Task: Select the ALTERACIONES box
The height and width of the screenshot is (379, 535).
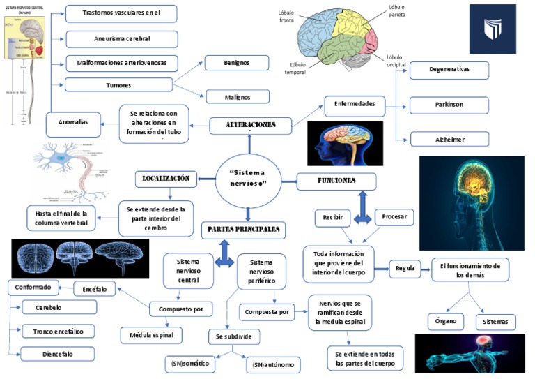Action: [x=250, y=126]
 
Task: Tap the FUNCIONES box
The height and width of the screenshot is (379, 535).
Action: [x=336, y=181]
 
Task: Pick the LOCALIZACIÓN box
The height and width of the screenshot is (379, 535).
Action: [x=165, y=179]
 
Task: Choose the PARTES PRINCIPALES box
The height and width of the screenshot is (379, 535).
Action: [x=244, y=229]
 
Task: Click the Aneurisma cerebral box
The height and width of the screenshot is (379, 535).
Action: [x=122, y=39]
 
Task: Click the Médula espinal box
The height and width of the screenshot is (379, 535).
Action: [x=151, y=336]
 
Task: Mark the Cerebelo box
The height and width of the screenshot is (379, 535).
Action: [x=59, y=307]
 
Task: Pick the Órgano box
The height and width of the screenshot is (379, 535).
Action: [x=446, y=322]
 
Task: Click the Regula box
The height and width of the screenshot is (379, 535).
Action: [x=405, y=268]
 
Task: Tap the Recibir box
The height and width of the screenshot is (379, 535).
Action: [x=332, y=218]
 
